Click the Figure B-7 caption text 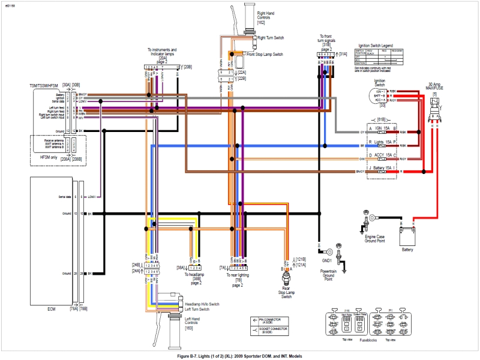pos(240,356)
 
